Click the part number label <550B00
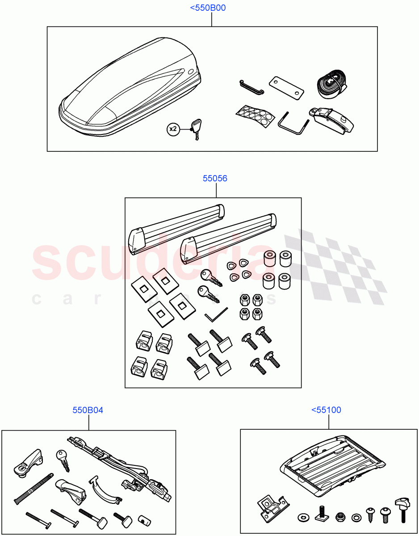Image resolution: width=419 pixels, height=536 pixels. (211, 8)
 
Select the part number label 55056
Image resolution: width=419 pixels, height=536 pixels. (215, 179)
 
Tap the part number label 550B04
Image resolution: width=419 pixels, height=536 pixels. (88, 410)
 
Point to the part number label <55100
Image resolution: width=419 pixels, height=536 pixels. (326, 410)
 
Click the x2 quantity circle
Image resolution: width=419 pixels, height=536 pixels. (173, 130)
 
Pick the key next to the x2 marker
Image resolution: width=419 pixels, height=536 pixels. (197, 128)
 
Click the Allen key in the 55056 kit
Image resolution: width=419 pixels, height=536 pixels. (216, 315)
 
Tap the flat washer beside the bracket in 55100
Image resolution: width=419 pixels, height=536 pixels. (302, 518)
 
